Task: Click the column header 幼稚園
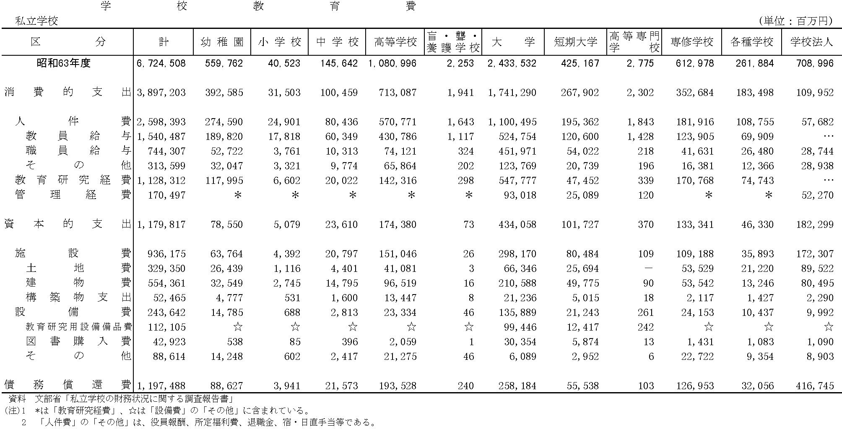(222, 42)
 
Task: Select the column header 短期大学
(575, 42)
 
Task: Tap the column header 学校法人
(811, 42)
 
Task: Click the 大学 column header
(513, 42)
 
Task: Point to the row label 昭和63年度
(63, 63)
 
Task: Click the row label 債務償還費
(68, 385)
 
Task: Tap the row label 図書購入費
(78, 341)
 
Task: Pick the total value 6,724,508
(161, 63)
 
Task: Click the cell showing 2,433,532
(512, 63)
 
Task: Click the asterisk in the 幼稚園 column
(238, 195)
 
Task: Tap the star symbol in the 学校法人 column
(829, 327)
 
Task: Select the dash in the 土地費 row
(649, 269)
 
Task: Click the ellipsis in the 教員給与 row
(829, 137)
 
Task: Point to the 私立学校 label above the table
(36, 21)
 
